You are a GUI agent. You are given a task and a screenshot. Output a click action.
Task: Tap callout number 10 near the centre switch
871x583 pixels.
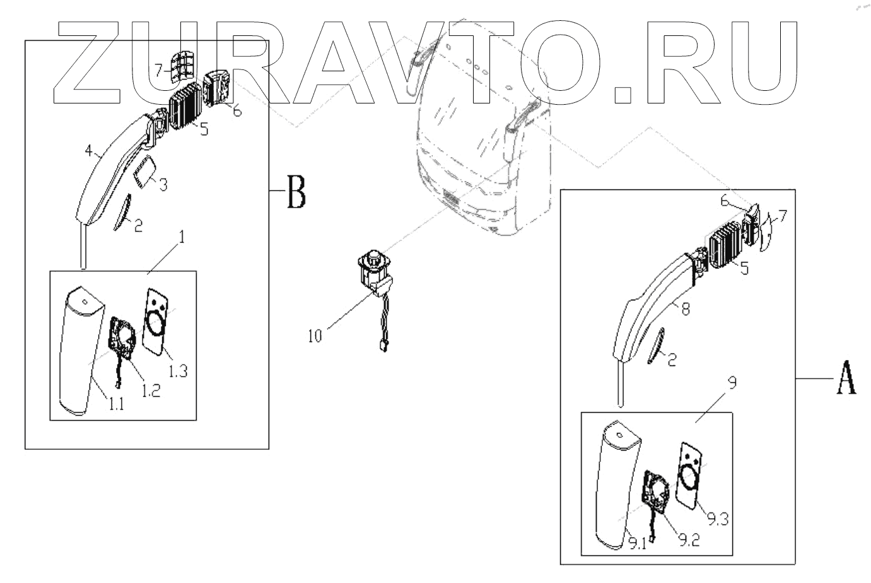[315, 336]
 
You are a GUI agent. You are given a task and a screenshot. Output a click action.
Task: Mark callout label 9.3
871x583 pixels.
[718, 520]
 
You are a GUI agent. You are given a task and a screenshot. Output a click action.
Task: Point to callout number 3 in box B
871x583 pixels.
[163, 184]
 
